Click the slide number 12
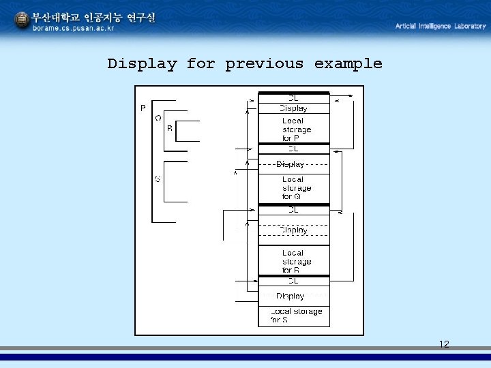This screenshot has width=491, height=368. (x=444, y=344)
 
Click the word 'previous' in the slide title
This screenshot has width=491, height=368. (x=264, y=64)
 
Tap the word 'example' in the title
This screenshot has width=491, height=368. (x=348, y=64)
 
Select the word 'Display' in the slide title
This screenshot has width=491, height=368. (x=142, y=64)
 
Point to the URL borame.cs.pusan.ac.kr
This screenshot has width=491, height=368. (x=74, y=28)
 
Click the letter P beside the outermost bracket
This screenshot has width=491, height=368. (x=143, y=108)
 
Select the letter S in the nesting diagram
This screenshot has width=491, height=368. (x=158, y=179)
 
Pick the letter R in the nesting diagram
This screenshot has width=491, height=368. (x=170, y=127)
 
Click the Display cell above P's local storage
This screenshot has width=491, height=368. (x=293, y=108)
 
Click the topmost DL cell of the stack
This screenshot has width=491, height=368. (x=293, y=97)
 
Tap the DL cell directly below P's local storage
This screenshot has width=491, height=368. (x=293, y=148)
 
